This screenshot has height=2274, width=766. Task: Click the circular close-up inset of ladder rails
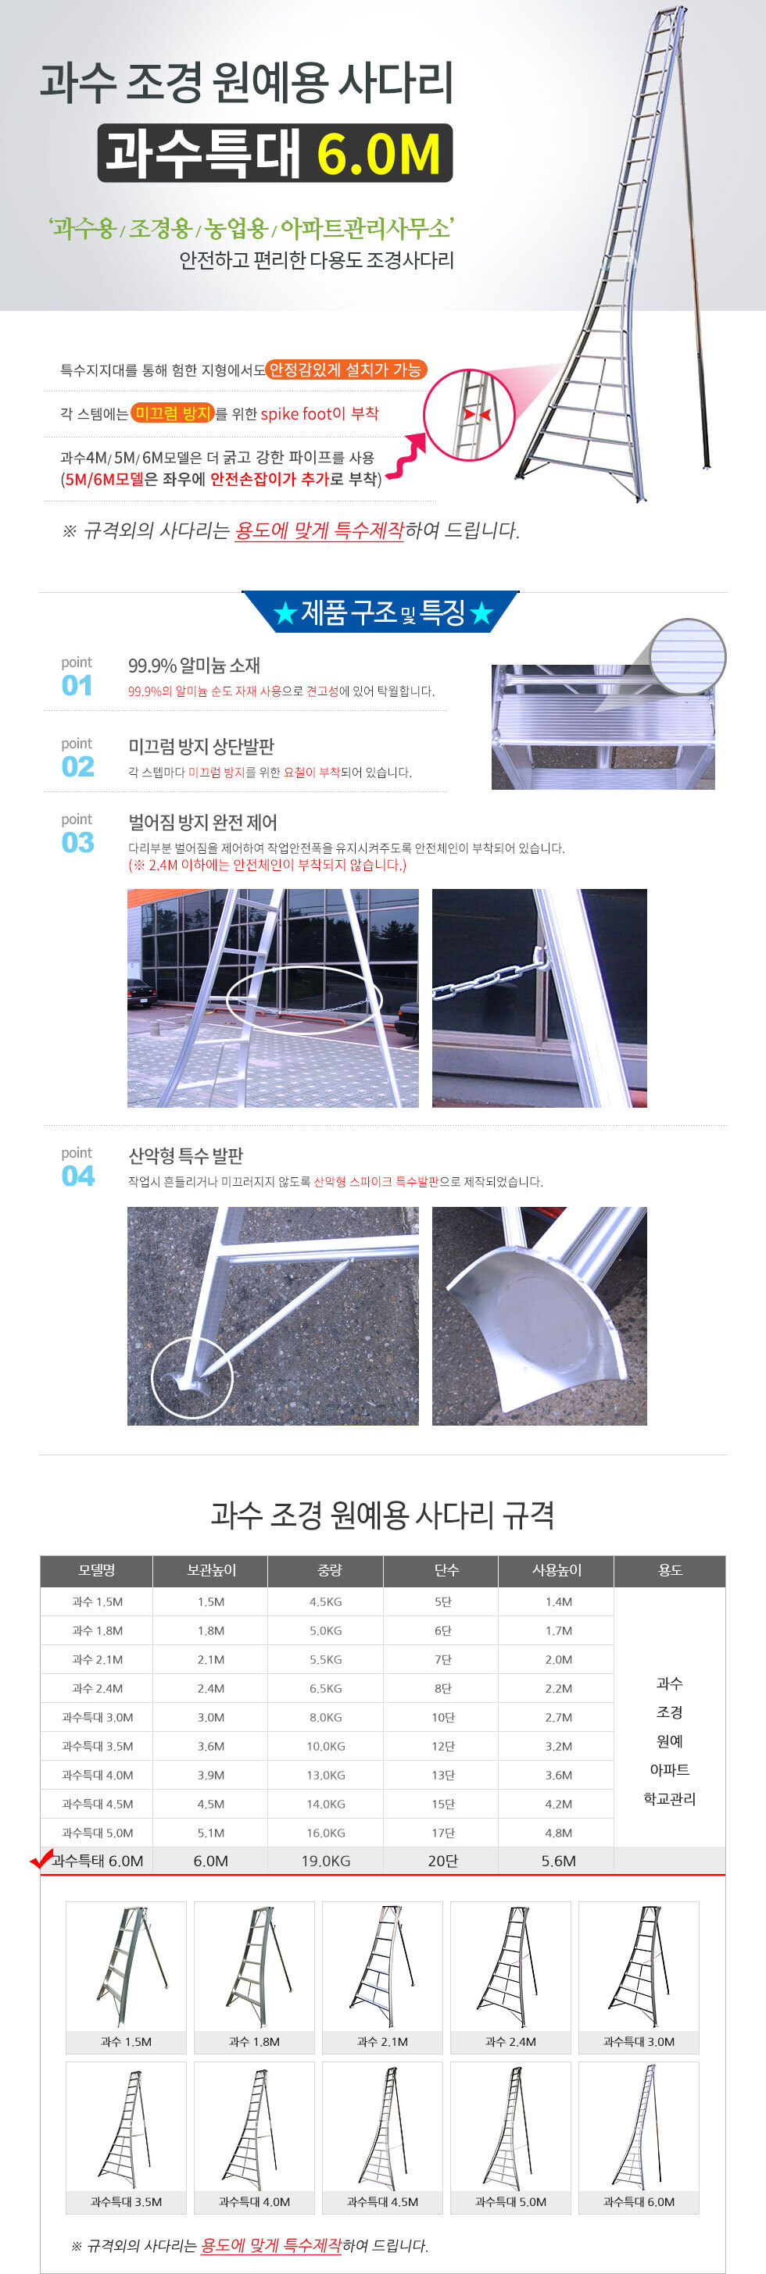tap(468, 414)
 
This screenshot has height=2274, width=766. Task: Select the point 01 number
tap(77, 685)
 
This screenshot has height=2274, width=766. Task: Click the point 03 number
tap(77, 842)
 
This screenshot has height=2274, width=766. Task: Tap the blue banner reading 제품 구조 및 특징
tap(381, 612)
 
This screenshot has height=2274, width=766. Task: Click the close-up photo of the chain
tap(539, 998)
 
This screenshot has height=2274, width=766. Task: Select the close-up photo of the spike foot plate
tap(539, 1315)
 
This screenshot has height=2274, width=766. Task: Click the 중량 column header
tap(328, 1570)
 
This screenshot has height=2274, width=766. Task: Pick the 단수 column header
tap(446, 1570)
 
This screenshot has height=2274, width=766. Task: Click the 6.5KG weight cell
tap(325, 1688)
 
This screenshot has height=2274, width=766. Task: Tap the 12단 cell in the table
tap(442, 1746)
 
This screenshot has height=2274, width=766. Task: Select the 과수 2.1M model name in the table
tap(97, 1659)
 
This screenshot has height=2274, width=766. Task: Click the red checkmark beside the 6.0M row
tap(41, 1859)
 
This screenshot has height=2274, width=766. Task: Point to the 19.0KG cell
tap(325, 1861)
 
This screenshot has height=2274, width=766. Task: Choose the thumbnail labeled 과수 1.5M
tap(126, 1977)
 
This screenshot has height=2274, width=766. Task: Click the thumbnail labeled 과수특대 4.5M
tap(381, 2137)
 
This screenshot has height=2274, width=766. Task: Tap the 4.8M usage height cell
tap(558, 1833)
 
